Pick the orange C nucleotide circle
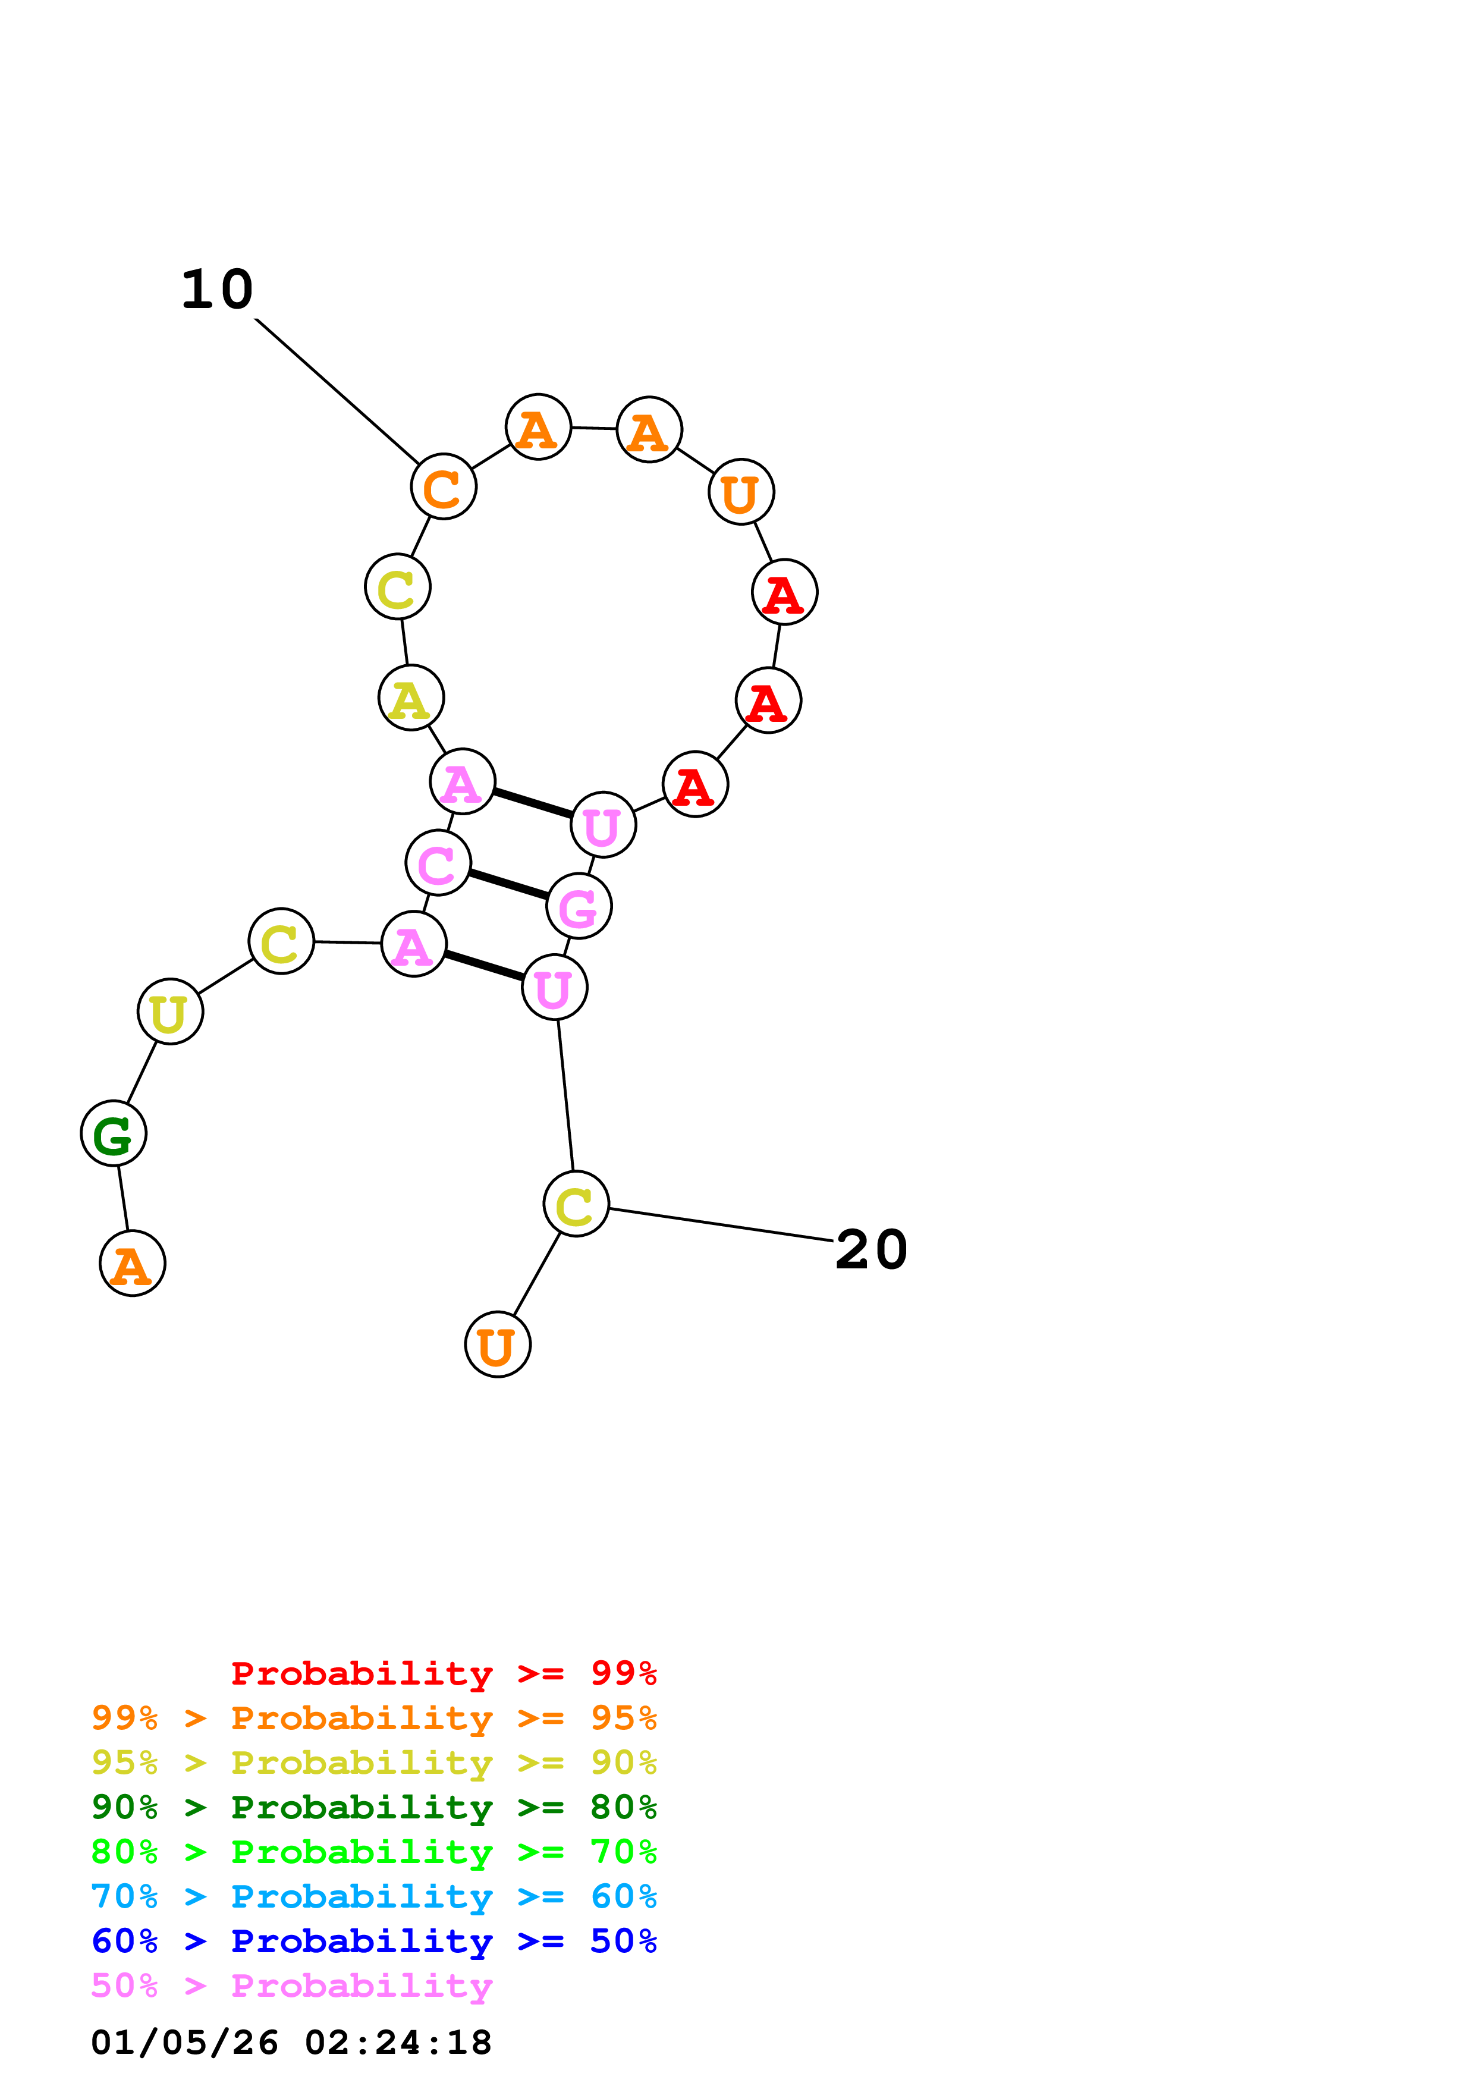coord(443,487)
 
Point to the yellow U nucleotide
coord(170,1011)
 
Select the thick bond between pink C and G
coord(508,884)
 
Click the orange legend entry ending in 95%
coord(374,1717)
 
